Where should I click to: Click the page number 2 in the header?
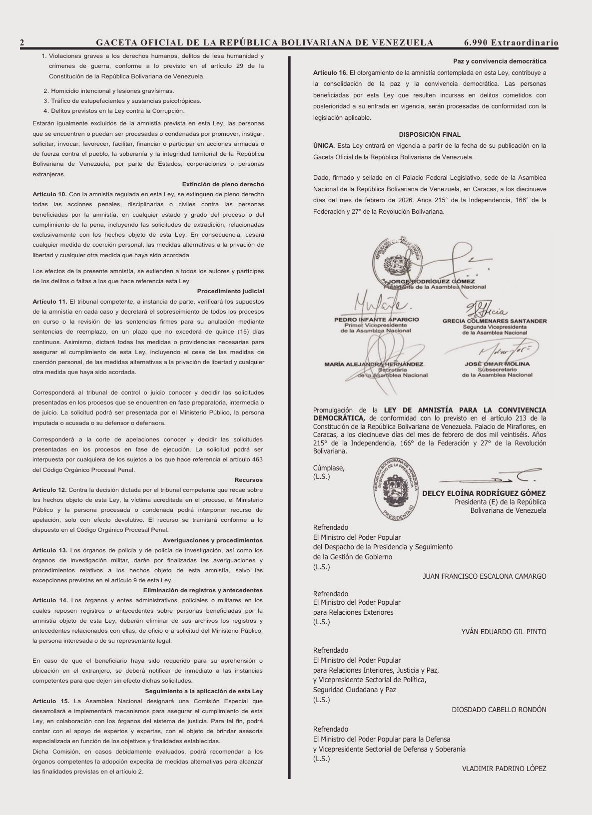tap(22, 43)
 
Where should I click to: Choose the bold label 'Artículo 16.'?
tap(330, 73)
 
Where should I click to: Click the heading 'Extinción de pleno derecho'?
tap(223, 184)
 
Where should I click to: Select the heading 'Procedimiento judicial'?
tap(230, 291)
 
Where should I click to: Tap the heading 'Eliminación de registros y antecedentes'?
tap(203, 590)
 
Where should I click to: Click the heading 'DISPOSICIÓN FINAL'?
tap(430, 135)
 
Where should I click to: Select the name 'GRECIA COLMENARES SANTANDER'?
tap(494, 321)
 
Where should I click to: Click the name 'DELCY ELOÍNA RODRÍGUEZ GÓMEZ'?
tap(484, 493)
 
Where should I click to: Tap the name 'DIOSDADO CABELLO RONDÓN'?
tap(499, 710)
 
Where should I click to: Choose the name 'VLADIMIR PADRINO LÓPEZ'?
tap(504, 769)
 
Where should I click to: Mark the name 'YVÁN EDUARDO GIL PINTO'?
tap(504, 632)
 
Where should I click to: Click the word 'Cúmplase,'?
tap(329, 468)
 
